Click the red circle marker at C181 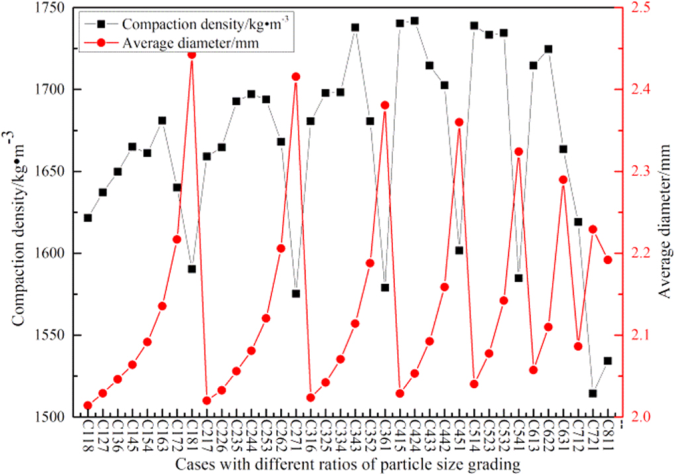(192, 54)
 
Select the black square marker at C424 (415, 21)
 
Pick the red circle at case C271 (296, 77)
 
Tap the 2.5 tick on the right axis (635, 8)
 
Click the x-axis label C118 (88, 437)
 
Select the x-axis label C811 (607, 437)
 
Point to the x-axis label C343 (355, 437)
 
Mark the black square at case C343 (355, 28)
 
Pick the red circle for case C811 (607, 260)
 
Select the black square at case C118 (88, 218)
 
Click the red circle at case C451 (459, 122)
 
